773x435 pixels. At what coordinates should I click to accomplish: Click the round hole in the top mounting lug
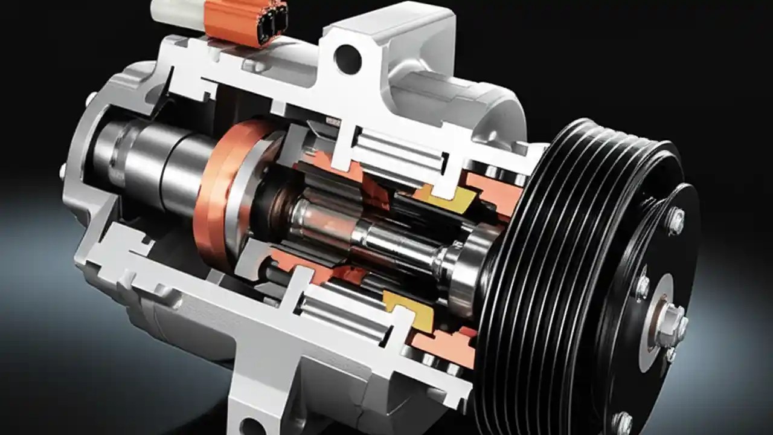tap(348, 59)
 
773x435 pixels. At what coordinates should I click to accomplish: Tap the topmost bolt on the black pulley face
tap(676, 220)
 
